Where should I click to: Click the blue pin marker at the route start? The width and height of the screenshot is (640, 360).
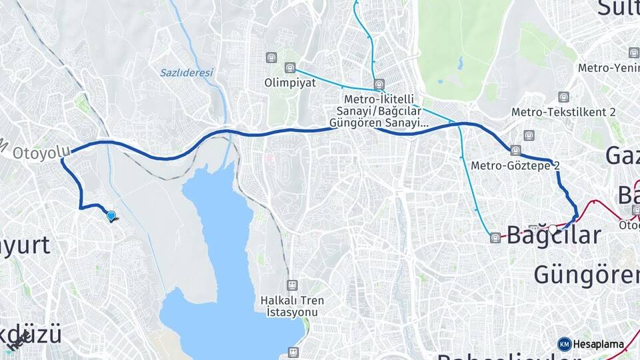pyautogui.click(x=111, y=215)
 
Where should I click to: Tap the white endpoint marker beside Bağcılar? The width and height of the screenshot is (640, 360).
pyautogui.click(x=553, y=229)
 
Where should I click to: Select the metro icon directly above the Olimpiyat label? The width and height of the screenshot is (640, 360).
pyautogui.click(x=289, y=68)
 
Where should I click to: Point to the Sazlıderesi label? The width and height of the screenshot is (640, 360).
pyautogui.click(x=186, y=73)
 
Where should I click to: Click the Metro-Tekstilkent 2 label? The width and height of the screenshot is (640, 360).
pyautogui.click(x=563, y=112)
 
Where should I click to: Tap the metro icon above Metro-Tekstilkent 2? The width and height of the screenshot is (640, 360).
pyautogui.click(x=564, y=97)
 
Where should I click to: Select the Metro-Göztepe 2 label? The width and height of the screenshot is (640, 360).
pyautogui.click(x=515, y=165)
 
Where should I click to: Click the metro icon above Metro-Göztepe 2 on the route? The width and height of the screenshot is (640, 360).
pyautogui.click(x=515, y=150)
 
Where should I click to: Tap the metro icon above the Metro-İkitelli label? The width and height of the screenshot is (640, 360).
pyautogui.click(x=379, y=85)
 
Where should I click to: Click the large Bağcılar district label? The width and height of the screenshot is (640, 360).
pyautogui.click(x=554, y=235)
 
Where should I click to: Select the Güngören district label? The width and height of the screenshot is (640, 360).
pyautogui.click(x=586, y=274)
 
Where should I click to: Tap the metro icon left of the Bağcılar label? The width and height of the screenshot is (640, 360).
pyautogui.click(x=495, y=238)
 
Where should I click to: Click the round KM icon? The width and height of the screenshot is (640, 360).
pyautogui.click(x=565, y=344)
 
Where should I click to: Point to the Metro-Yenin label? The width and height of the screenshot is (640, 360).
pyautogui.click(x=608, y=67)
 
